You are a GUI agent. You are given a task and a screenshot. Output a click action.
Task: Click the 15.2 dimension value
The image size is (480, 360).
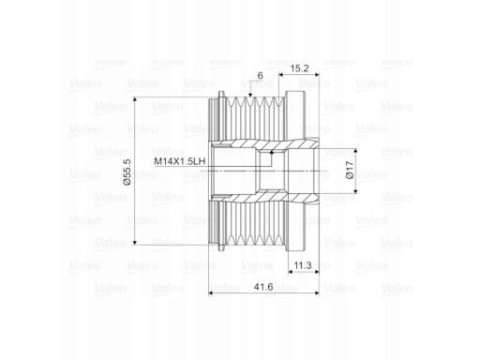pos(299,68)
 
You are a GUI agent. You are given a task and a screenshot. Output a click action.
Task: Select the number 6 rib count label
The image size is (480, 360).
pos(260,76)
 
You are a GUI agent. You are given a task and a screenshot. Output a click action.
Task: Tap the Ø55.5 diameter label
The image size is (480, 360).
pos(127,172)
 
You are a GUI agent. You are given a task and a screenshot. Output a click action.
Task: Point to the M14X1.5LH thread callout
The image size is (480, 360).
pos(180,161)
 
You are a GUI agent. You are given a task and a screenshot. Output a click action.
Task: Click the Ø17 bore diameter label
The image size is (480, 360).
pos(350,170)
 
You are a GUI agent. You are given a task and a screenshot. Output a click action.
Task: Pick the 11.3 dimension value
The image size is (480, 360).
pos(303,265)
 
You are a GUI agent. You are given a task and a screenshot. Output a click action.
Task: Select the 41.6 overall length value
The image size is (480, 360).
pos(263,287)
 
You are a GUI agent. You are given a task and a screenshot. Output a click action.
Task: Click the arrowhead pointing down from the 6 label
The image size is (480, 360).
pos(250,95)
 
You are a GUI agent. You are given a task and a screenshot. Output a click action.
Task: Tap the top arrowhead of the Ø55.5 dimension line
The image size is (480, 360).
pos(135,99)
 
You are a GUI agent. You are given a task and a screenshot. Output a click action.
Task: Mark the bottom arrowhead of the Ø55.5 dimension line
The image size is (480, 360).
pos(135,242)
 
